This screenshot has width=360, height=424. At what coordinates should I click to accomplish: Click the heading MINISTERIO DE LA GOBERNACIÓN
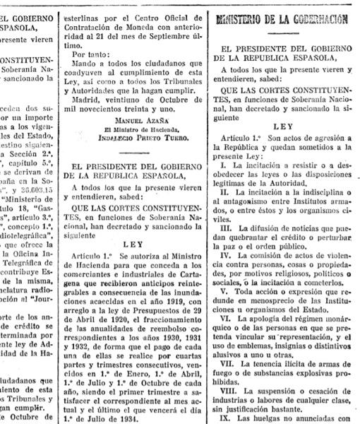pyautogui.click(x=284, y=19)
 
